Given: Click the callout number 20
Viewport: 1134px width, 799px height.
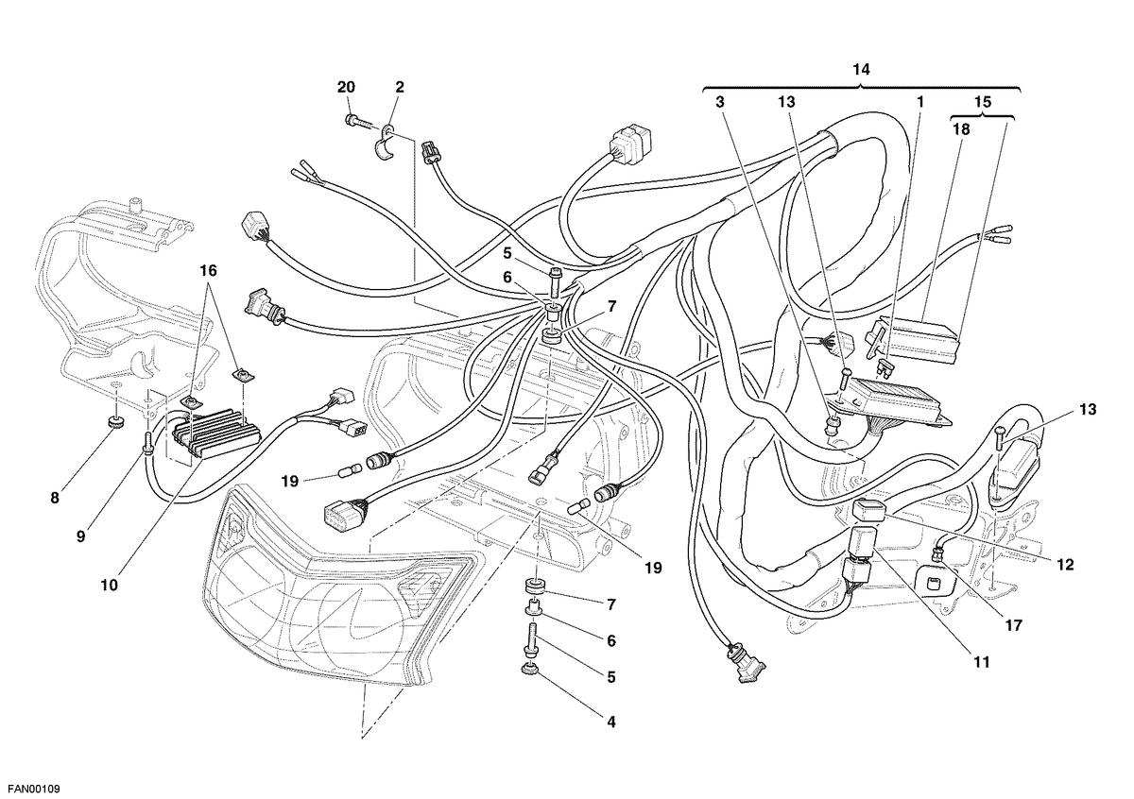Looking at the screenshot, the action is pos(346,87).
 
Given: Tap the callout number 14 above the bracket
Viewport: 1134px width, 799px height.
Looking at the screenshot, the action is pos(861,69).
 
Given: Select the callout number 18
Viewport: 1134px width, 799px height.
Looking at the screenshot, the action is pos(961,129).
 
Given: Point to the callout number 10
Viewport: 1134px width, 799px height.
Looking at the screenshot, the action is pos(109,585).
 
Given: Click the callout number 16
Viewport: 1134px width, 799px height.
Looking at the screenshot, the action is pos(208,271).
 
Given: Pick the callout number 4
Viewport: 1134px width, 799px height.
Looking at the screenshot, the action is pos(611,722).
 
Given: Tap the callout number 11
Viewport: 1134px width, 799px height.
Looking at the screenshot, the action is pos(982,662).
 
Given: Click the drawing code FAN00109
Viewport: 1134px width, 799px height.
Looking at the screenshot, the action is pos(30,789).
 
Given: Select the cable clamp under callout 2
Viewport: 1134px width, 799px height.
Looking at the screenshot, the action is pos(387,142).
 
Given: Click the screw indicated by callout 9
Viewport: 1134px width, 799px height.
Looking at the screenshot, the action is pos(148,443).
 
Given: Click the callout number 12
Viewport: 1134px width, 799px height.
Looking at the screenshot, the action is pos(1065,564).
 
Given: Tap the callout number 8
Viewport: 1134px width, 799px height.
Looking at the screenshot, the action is pos(55,498).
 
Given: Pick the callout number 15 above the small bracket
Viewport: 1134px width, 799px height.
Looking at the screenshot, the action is pos(982,102).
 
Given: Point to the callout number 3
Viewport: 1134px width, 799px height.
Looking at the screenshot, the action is pos(719,102).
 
